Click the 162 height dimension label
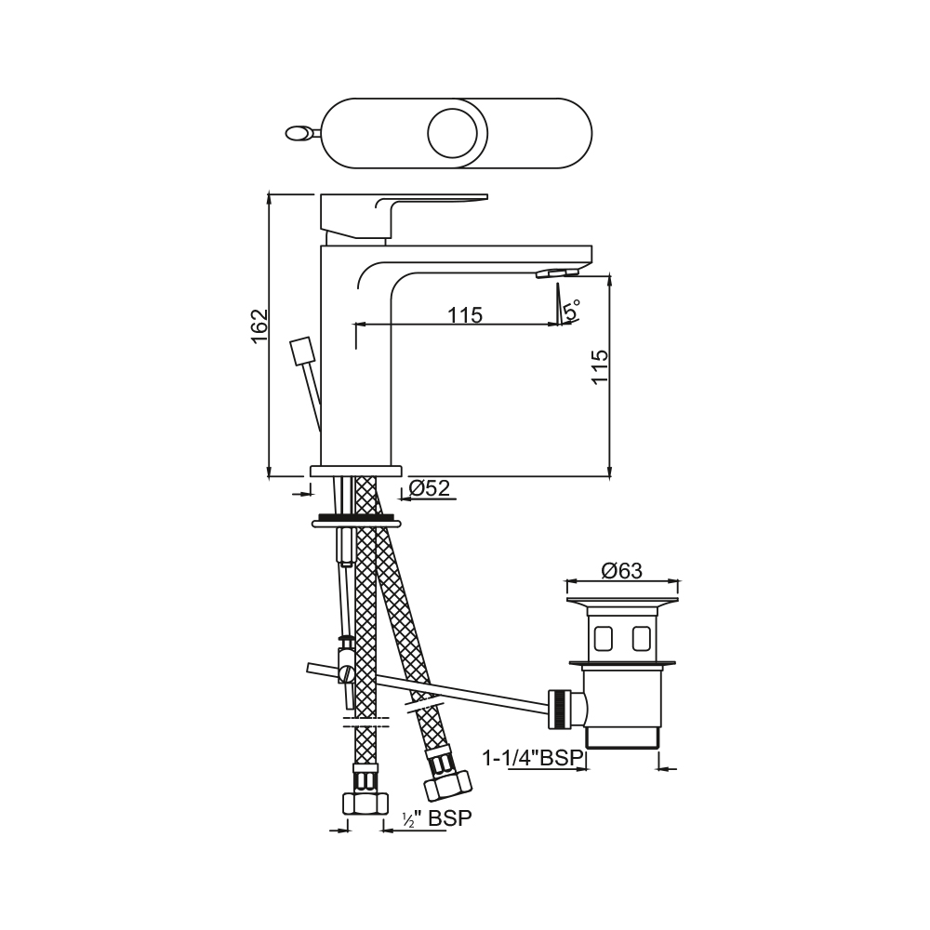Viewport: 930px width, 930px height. [x=259, y=325]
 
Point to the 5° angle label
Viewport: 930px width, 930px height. [x=572, y=311]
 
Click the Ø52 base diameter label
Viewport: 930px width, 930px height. [x=430, y=488]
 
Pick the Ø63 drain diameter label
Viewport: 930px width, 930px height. [x=621, y=571]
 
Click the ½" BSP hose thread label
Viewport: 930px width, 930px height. [x=437, y=817]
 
